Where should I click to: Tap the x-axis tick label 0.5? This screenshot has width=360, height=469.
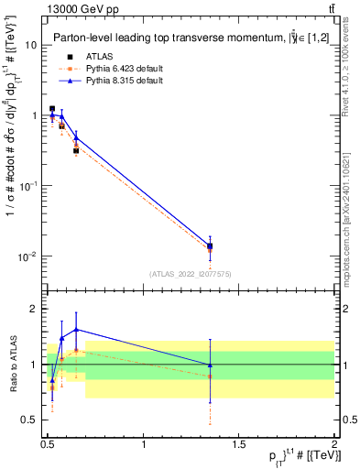click(48, 444)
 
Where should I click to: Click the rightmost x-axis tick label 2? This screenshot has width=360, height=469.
click(333, 444)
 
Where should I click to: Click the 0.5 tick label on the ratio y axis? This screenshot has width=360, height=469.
click(29, 420)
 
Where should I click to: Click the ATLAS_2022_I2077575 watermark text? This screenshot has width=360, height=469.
click(190, 274)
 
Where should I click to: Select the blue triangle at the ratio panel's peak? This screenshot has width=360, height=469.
click(76, 329)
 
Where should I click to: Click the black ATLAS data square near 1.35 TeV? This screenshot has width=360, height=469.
click(210, 245)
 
